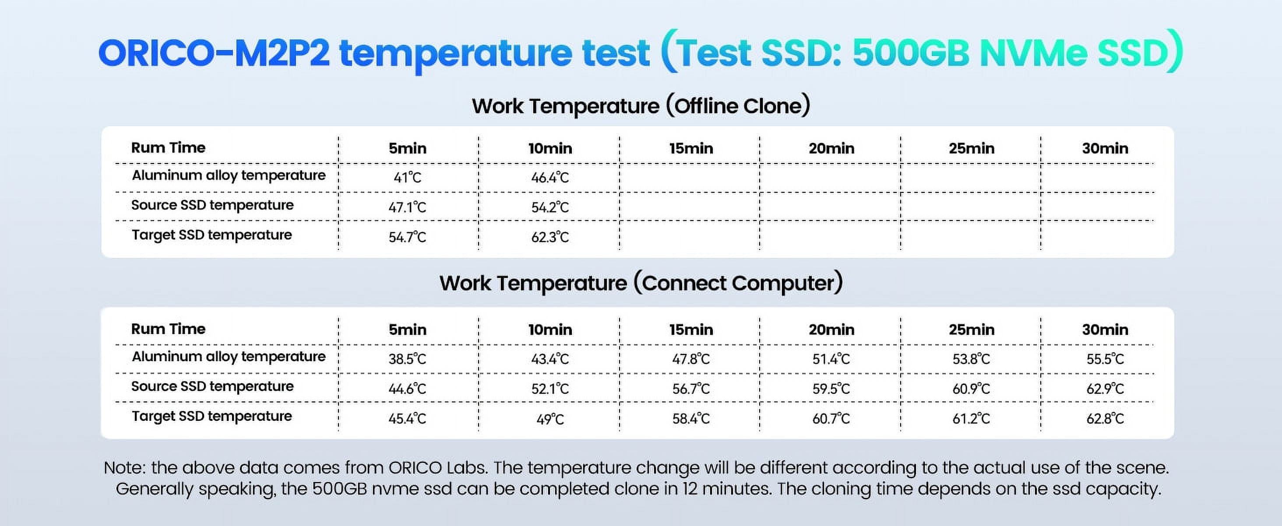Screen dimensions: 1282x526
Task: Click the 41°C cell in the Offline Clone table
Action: tap(407, 178)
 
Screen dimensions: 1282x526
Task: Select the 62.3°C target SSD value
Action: tap(550, 237)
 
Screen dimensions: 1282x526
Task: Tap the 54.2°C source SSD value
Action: tap(550, 207)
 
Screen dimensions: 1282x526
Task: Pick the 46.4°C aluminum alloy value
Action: tap(550, 178)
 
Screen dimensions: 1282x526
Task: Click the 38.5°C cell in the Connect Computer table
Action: tap(407, 359)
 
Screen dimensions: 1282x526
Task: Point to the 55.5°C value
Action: tap(1105, 359)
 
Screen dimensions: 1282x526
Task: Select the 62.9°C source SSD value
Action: tap(1105, 388)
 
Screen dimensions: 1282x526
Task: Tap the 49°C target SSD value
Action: tap(550, 419)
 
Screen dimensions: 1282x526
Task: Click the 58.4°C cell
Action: tap(691, 419)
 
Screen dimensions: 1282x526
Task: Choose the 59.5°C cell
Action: tap(831, 388)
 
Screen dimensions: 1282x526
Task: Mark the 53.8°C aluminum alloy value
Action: tap(971, 359)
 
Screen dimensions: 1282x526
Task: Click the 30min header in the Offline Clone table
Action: tap(1105, 148)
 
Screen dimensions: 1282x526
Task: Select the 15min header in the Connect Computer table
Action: tap(691, 329)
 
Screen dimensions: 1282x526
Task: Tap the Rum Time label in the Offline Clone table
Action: tap(168, 147)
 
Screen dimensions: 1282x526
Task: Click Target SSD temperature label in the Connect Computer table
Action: tap(211, 416)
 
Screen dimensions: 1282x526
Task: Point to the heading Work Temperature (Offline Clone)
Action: tap(641, 106)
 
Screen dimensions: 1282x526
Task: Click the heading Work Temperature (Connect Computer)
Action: tap(641, 283)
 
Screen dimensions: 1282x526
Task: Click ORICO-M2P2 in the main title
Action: tap(214, 53)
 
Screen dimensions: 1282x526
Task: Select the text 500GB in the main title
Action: tap(911, 53)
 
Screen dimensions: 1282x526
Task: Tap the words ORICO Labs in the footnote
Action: tap(437, 468)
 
